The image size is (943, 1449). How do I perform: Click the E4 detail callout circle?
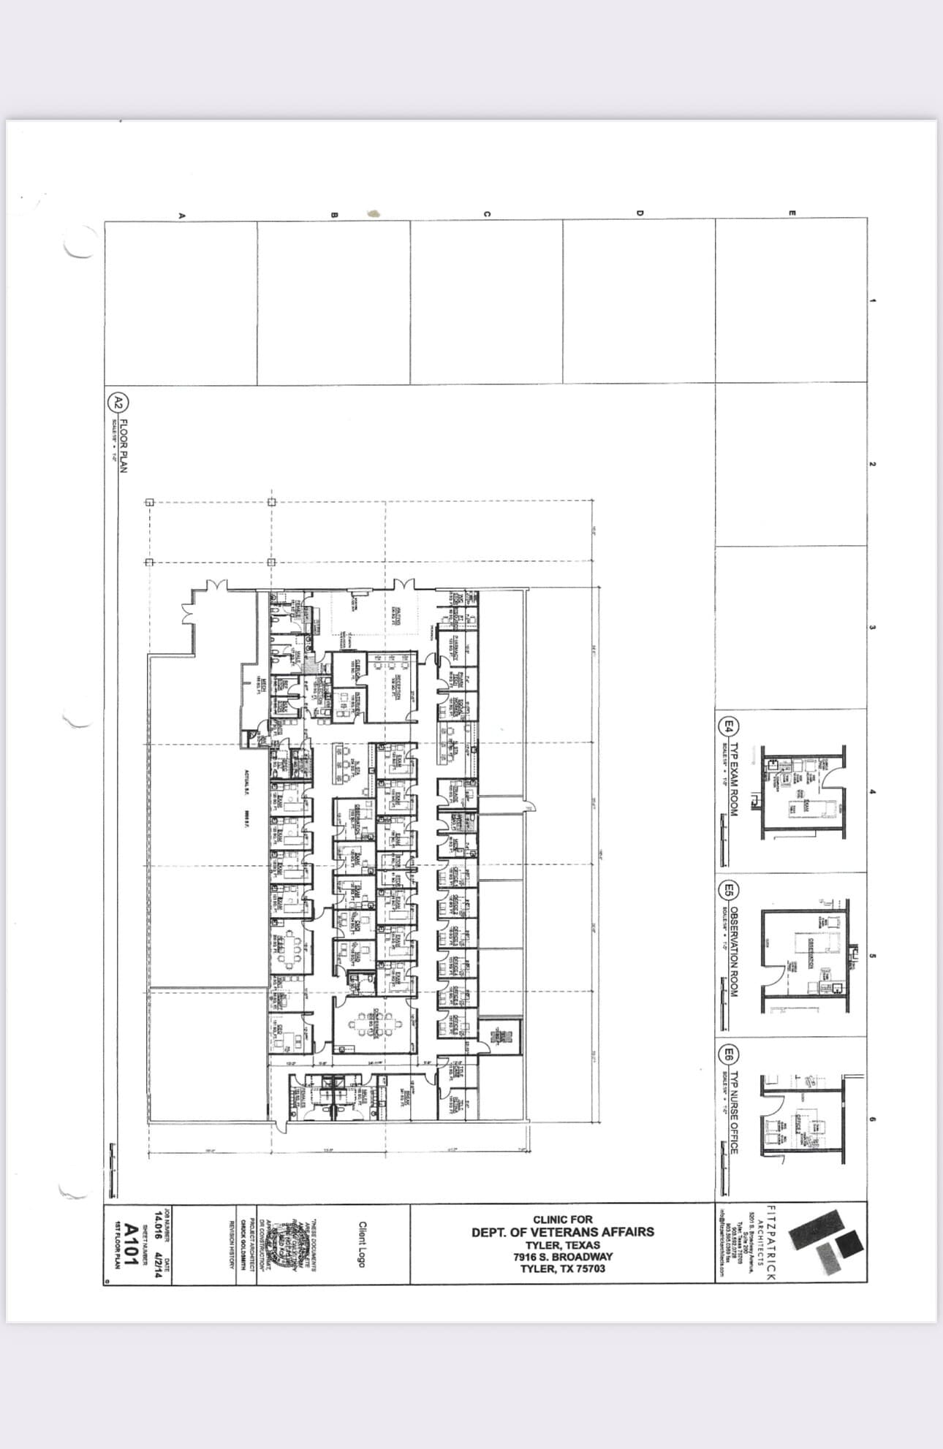(728, 726)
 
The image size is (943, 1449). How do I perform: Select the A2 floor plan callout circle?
(118, 402)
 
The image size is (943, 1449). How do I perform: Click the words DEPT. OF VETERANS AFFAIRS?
(563, 1232)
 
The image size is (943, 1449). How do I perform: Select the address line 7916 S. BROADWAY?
(563, 1257)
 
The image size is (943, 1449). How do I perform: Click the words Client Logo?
(362, 1244)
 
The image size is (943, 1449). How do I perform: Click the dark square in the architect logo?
(849, 1244)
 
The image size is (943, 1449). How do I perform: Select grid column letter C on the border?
(486, 214)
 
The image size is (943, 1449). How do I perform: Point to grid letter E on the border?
(791, 213)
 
